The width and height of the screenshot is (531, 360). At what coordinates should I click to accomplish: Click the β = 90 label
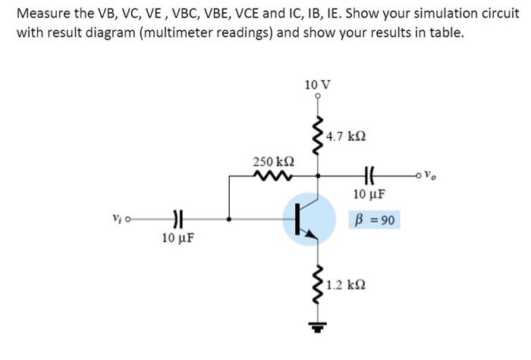pyautogui.click(x=374, y=221)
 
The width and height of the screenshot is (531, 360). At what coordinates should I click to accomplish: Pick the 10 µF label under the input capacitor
pyautogui.click(x=178, y=238)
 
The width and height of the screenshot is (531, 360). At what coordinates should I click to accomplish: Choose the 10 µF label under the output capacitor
pyautogui.click(x=369, y=195)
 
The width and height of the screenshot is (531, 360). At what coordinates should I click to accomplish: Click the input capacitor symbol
pyautogui.click(x=178, y=221)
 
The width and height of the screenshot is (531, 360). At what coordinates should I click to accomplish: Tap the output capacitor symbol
pyautogui.click(x=369, y=176)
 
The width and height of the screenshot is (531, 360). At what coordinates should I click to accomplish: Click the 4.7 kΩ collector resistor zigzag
pyautogui.click(x=317, y=136)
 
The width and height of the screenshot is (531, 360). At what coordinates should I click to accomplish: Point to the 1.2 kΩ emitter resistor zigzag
pyautogui.click(x=317, y=284)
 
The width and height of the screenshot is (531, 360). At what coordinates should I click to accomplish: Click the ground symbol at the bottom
pyautogui.click(x=317, y=327)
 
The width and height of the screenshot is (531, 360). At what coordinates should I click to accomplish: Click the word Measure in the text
pyautogui.click(x=42, y=14)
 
